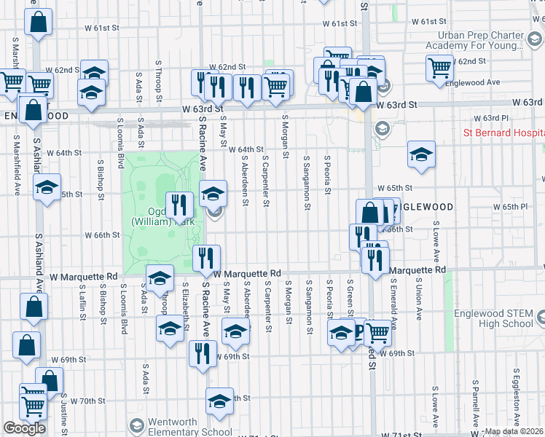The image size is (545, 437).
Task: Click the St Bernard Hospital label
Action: click(504, 133)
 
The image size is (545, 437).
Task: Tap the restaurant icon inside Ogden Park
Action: click(179, 205)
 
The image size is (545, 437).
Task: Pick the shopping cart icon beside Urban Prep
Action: click(439, 67)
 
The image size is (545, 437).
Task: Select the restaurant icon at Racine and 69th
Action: click(202, 353)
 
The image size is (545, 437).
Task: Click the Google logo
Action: click(24, 428)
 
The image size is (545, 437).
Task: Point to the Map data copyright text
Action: click(514, 431)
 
